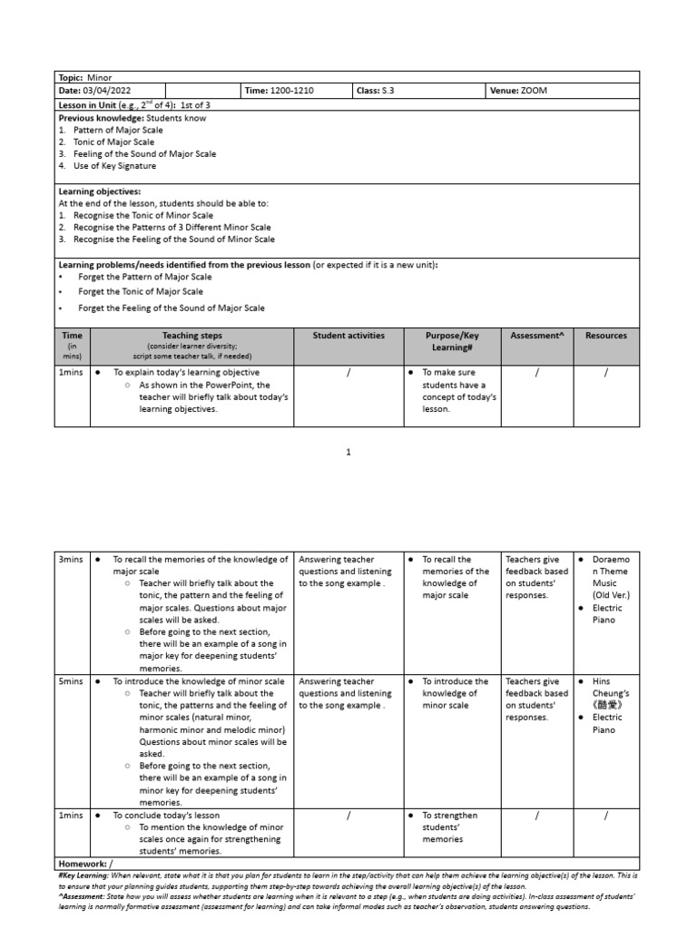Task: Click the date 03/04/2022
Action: (101, 91)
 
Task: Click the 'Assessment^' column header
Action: (537, 335)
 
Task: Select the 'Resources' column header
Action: (606, 335)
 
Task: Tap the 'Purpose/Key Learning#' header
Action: (452, 341)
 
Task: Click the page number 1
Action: (348, 451)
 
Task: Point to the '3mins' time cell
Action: (71, 560)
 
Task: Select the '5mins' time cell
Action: (71, 681)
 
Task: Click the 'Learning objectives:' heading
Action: (100, 192)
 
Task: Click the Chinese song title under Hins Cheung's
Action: (607, 705)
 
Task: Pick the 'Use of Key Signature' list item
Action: (114, 166)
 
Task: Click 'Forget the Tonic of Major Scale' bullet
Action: (141, 292)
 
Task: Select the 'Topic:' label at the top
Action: (71, 78)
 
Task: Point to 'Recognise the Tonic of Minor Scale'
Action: (143, 216)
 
